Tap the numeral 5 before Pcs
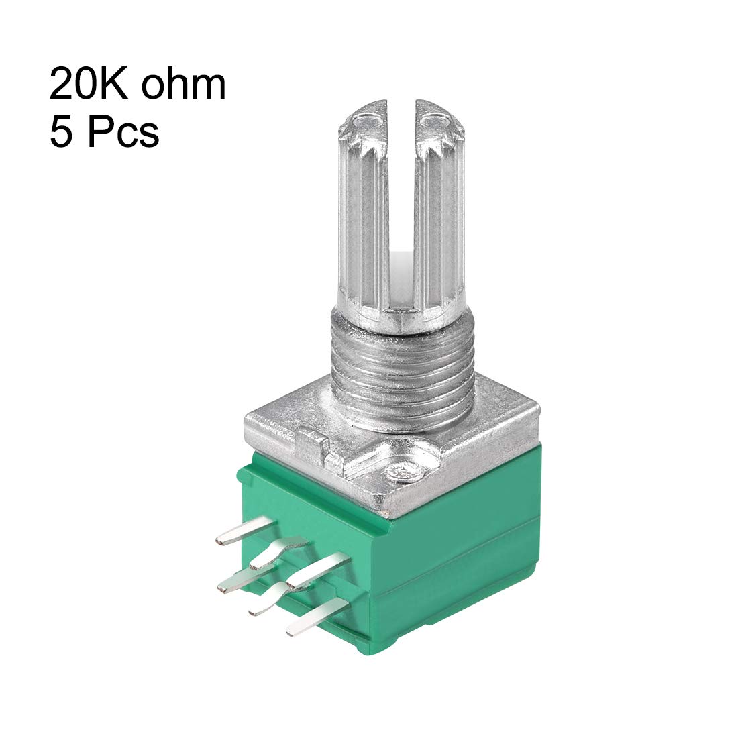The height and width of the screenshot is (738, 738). point(61,130)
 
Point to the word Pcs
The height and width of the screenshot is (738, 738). point(122,130)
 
